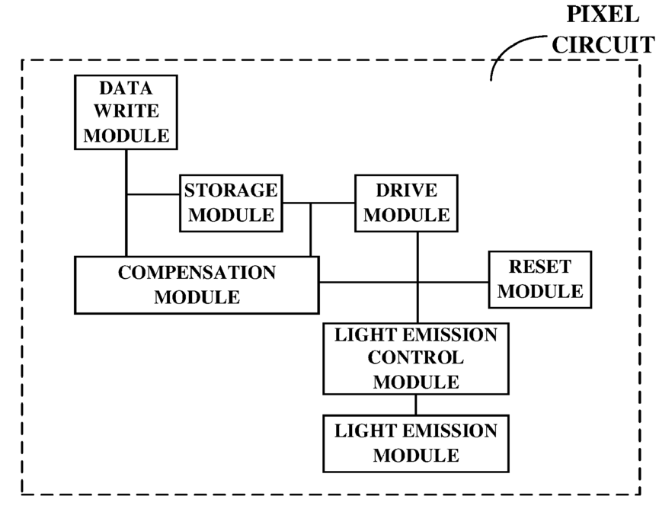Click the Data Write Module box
click(x=126, y=112)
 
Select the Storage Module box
click(x=231, y=203)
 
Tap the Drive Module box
click(x=406, y=203)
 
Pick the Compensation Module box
click(x=197, y=285)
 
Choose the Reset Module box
click(x=540, y=280)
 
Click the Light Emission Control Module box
click(x=416, y=359)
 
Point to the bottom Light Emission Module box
click(x=416, y=443)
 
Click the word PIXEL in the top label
click(x=603, y=14)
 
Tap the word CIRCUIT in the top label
click(x=603, y=44)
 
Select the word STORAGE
click(x=231, y=190)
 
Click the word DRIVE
click(x=406, y=190)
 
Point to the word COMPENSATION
click(x=197, y=272)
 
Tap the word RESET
click(x=540, y=267)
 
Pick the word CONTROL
click(x=416, y=357)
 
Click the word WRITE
click(x=126, y=111)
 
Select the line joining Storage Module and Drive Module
click(x=318, y=203)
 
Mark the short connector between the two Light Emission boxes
click(x=416, y=405)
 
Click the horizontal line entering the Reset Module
click(x=404, y=282)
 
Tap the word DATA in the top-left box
click(x=126, y=88)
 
